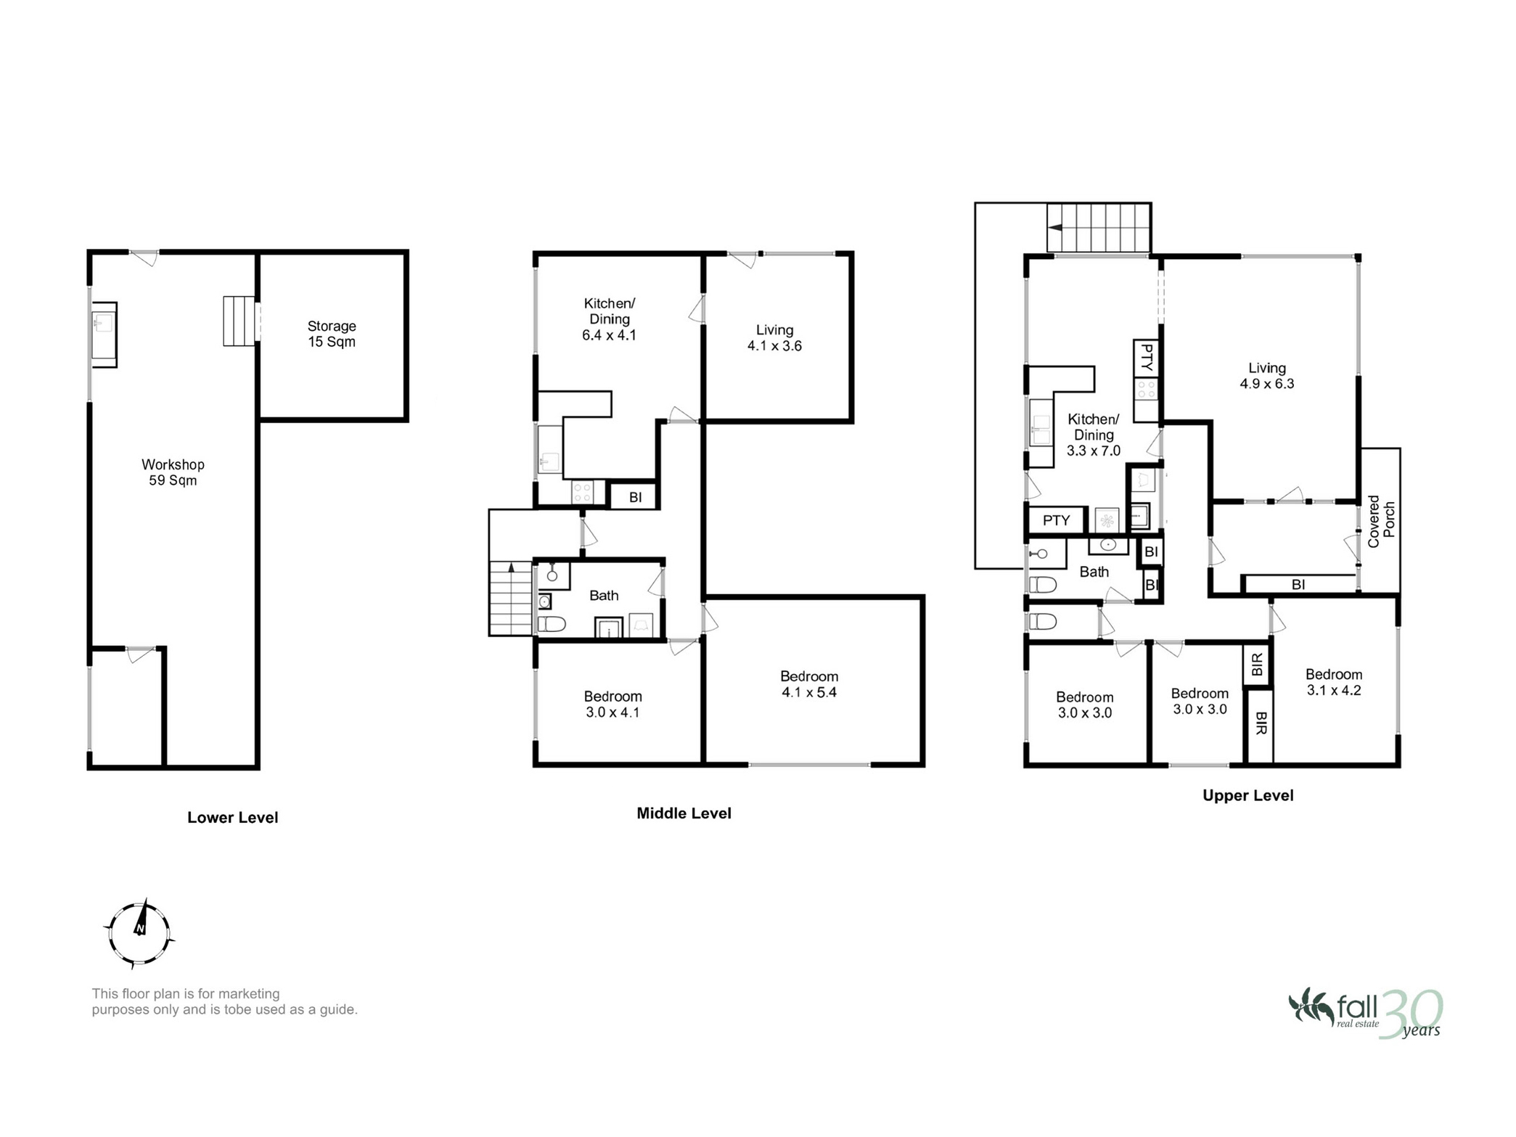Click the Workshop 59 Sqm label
[173, 472]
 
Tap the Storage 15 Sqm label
[332, 334]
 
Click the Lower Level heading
[233, 818]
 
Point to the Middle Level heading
[684, 813]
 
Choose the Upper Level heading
[1248, 795]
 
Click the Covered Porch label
[1381, 521]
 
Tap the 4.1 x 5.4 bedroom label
[809, 684]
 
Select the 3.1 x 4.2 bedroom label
[1334, 682]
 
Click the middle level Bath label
[604, 596]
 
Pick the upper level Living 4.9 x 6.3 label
[1267, 376]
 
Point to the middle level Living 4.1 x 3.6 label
[774, 338]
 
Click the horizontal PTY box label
[1057, 520]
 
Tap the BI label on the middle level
[636, 498]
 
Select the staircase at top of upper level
[1099, 227]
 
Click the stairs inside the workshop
[240, 321]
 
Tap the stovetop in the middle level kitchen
[583, 492]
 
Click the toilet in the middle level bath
[552, 623]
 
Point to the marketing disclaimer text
[224, 1001]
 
